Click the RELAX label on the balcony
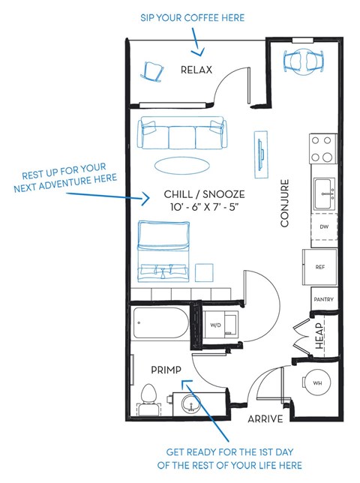[x=196, y=70]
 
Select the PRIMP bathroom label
[x=166, y=370]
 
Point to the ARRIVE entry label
[x=265, y=418]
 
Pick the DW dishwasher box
[x=323, y=225]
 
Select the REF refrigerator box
[x=320, y=266]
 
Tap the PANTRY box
[x=324, y=299]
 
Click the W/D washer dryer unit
[x=215, y=325]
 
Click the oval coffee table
[x=182, y=163]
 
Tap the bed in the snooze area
[x=163, y=248]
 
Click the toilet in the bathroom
[x=148, y=397]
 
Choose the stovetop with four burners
[x=322, y=148]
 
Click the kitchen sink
[x=324, y=193]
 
